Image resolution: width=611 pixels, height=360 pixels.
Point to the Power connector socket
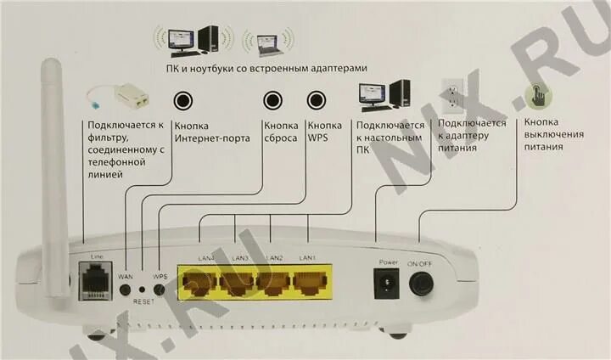click(x=388, y=283)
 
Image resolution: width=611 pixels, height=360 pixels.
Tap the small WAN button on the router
click(x=126, y=290)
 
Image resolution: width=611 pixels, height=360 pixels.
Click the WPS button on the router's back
click(x=159, y=290)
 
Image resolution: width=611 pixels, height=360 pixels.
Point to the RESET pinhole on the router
click(x=142, y=290)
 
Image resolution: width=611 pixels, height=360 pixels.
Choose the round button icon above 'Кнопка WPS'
click(x=317, y=100)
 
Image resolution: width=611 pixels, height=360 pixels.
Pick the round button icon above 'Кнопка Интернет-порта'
click(x=182, y=100)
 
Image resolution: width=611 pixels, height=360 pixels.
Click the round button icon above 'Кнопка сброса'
click(x=273, y=100)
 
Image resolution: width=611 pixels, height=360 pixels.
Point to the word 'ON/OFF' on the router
click(x=421, y=263)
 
